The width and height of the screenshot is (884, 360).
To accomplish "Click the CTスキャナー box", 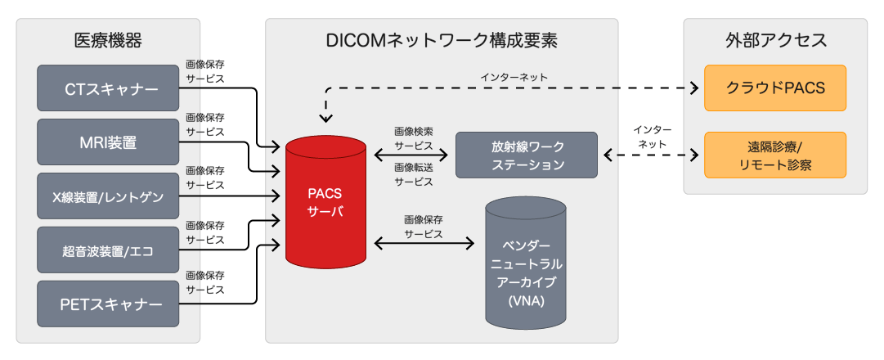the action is tap(108, 88).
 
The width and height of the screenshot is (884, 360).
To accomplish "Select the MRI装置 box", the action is tap(108, 142).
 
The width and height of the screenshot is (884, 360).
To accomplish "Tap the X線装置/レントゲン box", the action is tap(108, 196).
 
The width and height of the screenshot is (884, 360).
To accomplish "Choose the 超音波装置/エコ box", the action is tap(108, 250).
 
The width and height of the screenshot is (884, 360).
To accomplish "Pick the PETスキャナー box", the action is tap(108, 304).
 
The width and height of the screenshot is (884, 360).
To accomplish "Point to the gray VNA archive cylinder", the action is tap(526, 262).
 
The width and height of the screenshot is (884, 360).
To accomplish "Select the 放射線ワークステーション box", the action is tap(526, 155).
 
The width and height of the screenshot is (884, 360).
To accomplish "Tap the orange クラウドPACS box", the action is tap(775, 88).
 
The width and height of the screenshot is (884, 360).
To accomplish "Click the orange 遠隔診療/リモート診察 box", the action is tap(775, 155).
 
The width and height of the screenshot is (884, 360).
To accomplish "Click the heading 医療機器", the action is tap(108, 41).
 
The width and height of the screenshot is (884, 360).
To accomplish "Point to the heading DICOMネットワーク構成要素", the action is tap(442, 41).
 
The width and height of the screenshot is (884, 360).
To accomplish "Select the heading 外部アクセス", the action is tap(775, 41).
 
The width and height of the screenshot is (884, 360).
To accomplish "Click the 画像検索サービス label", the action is tap(414, 138).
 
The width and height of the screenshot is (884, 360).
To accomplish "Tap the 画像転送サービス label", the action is tap(414, 174).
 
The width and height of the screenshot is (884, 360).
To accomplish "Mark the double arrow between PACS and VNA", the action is tap(424, 243).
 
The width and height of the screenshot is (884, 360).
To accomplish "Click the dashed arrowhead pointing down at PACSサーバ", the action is tap(325, 118).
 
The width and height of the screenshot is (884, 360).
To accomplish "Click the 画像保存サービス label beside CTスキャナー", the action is tap(205, 72).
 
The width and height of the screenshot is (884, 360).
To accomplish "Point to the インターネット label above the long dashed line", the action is tap(514, 77).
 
